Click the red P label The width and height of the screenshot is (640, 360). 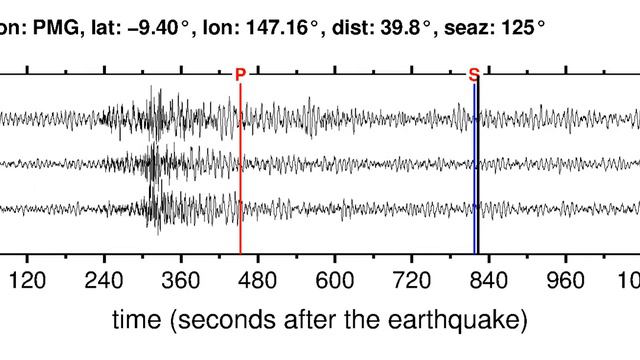coord(240,74)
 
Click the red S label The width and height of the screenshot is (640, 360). coord(474,74)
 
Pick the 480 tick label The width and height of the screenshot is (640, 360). coord(258,281)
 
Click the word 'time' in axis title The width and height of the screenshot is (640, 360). coord(135,321)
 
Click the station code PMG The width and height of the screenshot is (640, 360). coord(46,21)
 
